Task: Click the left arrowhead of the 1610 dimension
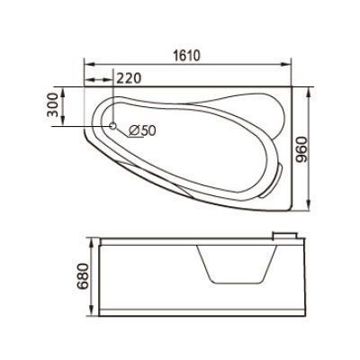click(86, 65)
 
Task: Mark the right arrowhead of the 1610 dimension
click(294, 65)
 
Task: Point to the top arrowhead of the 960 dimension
click(309, 90)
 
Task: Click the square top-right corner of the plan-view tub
click(293, 88)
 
